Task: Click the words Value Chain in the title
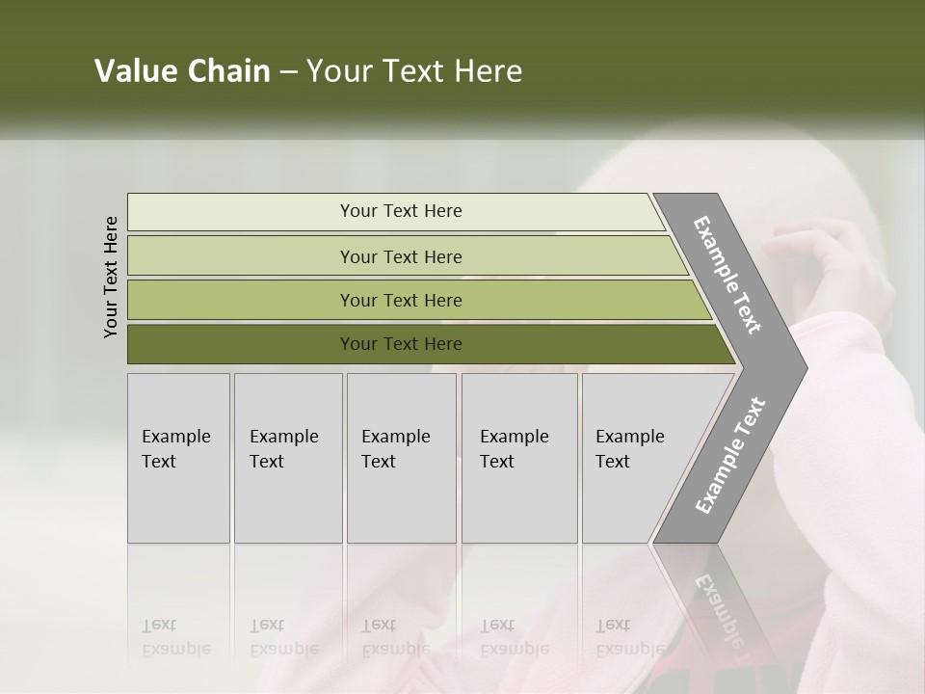click(x=182, y=71)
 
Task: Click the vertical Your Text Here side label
click(x=111, y=277)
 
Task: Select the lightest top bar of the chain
click(x=241, y=212)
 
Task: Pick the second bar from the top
click(x=241, y=256)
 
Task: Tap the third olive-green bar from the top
click(x=241, y=300)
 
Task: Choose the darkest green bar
click(x=241, y=344)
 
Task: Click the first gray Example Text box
click(x=178, y=458)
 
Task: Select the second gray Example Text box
click(x=287, y=458)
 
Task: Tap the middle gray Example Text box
click(x=401, y=458)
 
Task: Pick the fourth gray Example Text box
click(x=519, y=458)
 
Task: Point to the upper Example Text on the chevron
click(x=727, y=275)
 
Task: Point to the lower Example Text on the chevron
click(x=730, y=455)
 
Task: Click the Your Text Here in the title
click(x=414, y=71)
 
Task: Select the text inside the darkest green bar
click(x=401, y=344)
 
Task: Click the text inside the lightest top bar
click(x=401, y=211)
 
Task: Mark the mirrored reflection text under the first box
click(x=175, y=637)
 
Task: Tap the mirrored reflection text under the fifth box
click(x=629, y=637)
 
